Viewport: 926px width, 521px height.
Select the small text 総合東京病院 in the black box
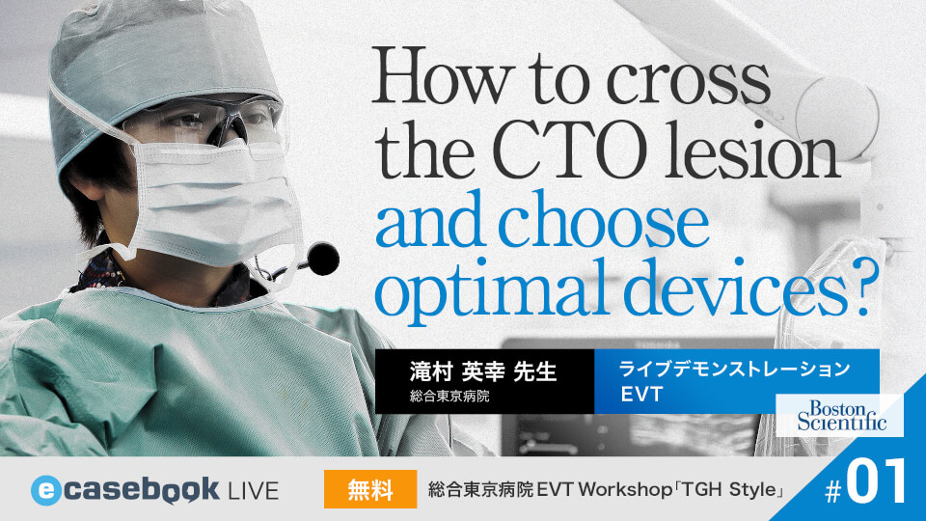449,396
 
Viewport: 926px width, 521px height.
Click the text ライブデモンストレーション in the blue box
736,370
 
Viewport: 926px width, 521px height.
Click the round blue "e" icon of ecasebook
45,490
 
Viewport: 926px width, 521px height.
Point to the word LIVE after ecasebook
253,490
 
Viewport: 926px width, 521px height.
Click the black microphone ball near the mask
322,259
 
